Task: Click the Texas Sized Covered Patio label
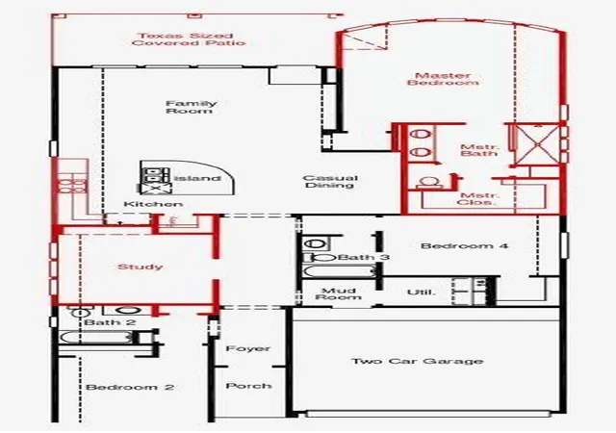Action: [189, 39]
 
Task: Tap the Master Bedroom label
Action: [443, 79]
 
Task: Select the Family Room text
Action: [191, 107]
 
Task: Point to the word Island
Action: [196, 178]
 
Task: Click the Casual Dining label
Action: [330, 182]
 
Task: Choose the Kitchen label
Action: [153, 204]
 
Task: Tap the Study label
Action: [141, 267]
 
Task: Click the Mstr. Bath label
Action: [479, 150]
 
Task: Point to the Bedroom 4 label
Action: [464, 246]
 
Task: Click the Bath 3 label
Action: [364, 257]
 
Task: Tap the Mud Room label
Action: [338, 293]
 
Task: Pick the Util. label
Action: [422, 293]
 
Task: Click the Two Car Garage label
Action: [417, 361]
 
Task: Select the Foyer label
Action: [248, 348]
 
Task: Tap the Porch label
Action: [248, 386]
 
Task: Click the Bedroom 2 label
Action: [130, 387]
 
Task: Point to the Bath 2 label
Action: [110, 322]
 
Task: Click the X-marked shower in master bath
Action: [537, 144]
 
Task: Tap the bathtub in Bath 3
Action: [340, 271]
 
